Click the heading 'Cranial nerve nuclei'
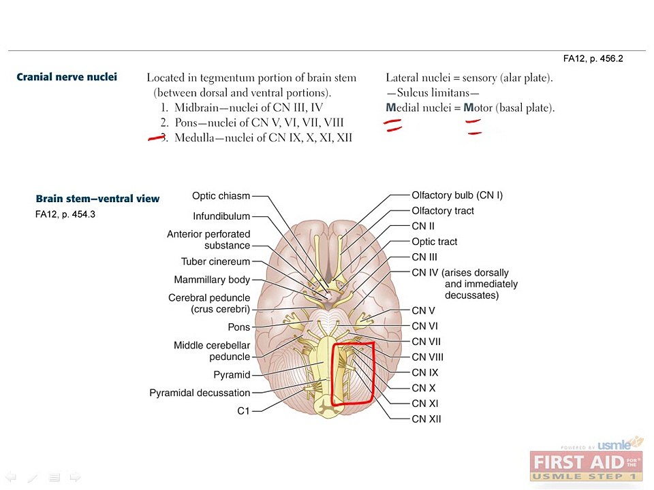coord(67,77)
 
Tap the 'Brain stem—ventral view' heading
coord(97,199)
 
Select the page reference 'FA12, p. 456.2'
coord(593,59)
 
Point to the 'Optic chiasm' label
coord(221,196)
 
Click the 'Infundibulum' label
coord(221,216)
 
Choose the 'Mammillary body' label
coord(212,280)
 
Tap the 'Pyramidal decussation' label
coord(200,393)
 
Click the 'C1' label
coord(243,411)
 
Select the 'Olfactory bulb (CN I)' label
coord(457,195)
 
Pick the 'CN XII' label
coord(426,419)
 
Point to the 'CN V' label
coord(423,311)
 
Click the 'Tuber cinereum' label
coord(216,261)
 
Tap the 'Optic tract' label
coord(434,242)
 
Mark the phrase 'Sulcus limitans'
coord(433,93)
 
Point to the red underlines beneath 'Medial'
coord(392,125)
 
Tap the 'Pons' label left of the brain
coord(239,327)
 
